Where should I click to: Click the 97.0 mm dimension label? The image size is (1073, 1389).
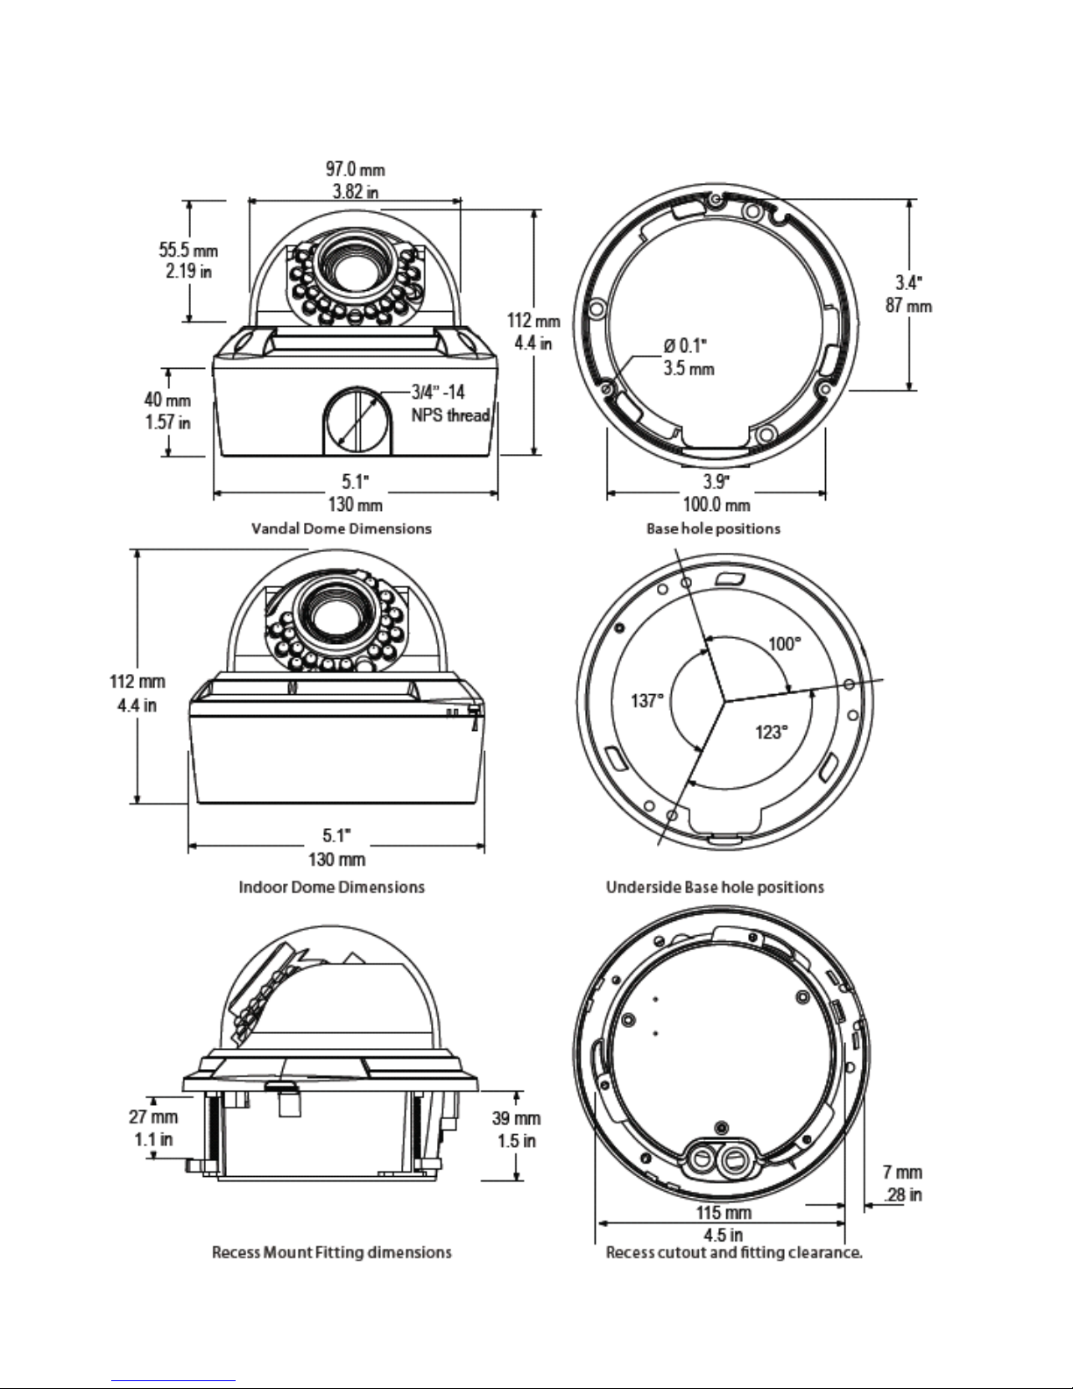355,169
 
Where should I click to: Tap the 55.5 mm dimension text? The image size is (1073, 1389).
188,249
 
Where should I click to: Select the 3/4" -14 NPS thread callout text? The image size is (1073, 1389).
450,403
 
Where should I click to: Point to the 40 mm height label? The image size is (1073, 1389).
167,400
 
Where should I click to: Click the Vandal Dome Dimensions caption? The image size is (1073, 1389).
342,528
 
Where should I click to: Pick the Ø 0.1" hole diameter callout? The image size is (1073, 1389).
685,346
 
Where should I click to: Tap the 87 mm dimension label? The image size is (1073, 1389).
908,306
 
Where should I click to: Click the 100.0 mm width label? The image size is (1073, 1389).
717,505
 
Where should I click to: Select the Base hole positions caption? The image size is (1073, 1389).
713,528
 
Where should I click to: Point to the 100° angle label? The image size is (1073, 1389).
784,644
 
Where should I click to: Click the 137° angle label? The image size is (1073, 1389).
647,700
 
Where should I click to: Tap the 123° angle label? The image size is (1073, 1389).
772,731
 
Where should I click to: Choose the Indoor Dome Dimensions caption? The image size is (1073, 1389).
331,887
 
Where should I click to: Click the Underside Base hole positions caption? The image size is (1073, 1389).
715,887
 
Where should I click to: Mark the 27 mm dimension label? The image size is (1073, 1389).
153,1116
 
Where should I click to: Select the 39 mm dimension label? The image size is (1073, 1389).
516,1118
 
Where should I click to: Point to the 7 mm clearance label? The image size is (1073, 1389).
902,1173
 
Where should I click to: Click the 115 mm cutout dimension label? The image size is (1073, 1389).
724,1212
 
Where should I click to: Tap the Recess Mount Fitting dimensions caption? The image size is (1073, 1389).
331,1252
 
